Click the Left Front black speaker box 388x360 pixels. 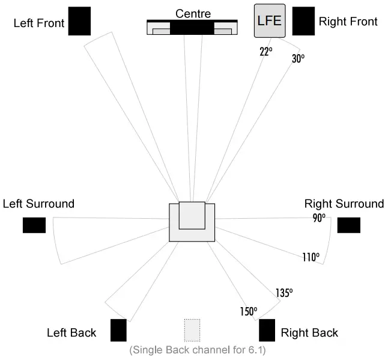pos(79,21)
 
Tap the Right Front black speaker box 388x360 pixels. pos(303,21)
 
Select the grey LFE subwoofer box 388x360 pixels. pos(270,20)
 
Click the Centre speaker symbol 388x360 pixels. pos(192,28)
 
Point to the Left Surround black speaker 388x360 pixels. pos(34,225)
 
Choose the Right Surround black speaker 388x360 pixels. pos(348,225)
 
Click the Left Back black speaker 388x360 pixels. pos(118,330)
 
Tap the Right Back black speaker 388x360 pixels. pos(267,330)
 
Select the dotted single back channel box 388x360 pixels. pos(192,330)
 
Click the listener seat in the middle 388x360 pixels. pos(192,221)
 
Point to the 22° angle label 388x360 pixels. pos(266,52)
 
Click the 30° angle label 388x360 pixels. pos(298,59)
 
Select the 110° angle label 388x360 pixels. pos(311,257)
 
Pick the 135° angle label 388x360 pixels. pos(283,293)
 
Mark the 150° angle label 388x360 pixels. pos(248,311)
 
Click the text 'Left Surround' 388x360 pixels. pos(38,204)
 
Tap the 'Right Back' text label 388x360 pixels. pos(309,332)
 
